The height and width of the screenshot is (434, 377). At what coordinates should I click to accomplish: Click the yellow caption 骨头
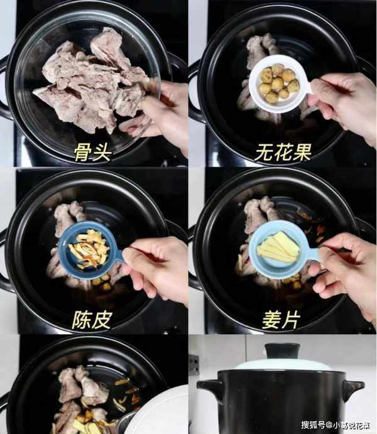(93, 151)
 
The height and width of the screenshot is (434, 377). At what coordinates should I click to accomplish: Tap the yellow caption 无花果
(283, 152)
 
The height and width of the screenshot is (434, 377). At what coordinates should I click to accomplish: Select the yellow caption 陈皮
(92, 320)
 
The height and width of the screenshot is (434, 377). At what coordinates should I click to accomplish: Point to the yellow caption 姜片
(281, 320)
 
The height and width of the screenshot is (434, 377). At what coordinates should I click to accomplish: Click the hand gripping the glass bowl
(158, 116)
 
